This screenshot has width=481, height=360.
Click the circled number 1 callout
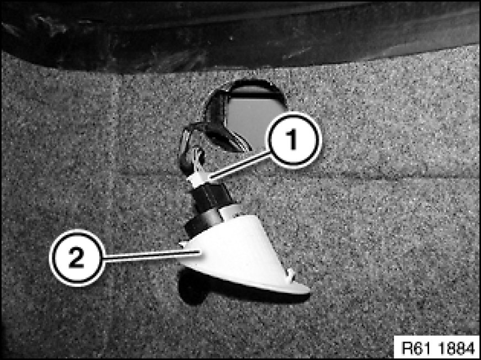294,140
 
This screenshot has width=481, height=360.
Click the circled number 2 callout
77,257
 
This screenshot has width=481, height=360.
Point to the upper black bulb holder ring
212,196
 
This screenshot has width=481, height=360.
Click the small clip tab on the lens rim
290,274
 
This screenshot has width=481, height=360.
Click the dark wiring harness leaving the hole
221,129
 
